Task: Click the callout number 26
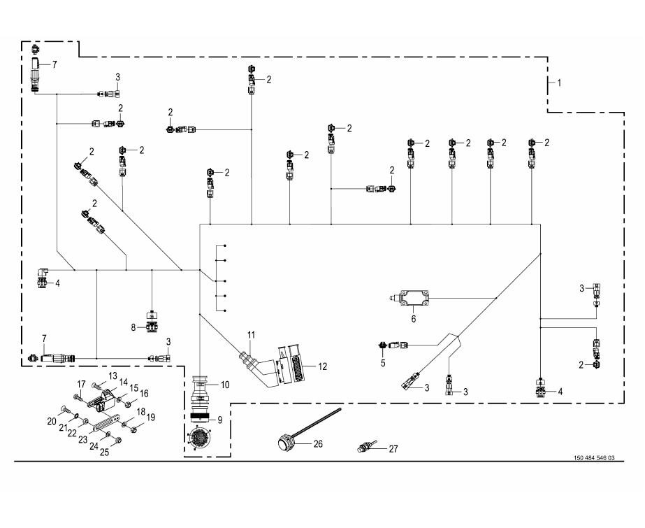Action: [318, 444]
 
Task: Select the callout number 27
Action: [393, 449]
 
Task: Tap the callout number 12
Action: [323, 366]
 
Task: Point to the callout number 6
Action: [414, 319]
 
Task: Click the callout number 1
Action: [559, 83]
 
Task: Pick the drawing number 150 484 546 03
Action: [594, 458]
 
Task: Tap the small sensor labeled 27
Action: [365, 446]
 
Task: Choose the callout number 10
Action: [224, 385]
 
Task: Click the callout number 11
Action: [252, 335]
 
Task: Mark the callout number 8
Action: [133, 327]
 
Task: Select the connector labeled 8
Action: [152, 321]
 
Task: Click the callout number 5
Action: [383, 363]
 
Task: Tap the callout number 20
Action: [52, 422]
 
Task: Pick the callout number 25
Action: [105, 452]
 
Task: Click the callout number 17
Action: [82, 385]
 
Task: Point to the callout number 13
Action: [113, 376]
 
